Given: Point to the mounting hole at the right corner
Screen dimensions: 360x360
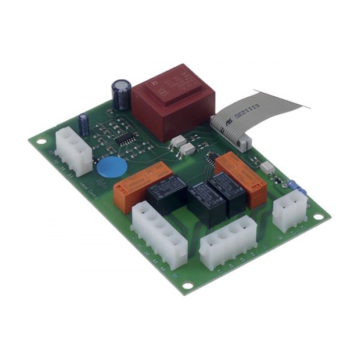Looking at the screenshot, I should click(x=319, y=217).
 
